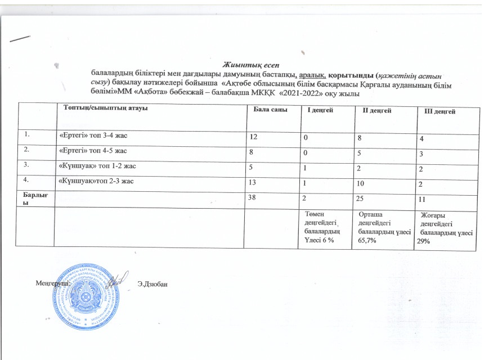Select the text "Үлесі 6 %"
(x=319, y=239)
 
